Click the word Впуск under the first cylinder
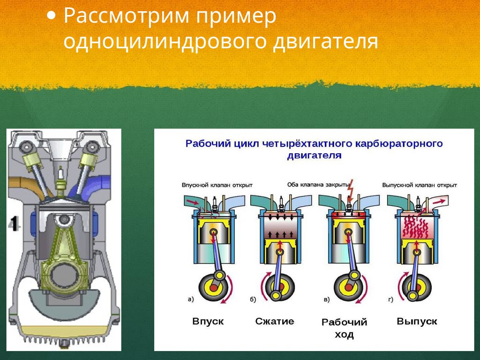point(208,322)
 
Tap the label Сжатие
point(275,322)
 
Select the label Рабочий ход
point(344,328)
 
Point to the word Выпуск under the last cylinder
point(417,322)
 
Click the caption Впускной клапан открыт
point(210,185)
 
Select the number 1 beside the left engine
point(14,224)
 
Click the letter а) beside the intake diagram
point(190,299)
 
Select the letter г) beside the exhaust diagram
point(390,299)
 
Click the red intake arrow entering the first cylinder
point(192,202)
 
